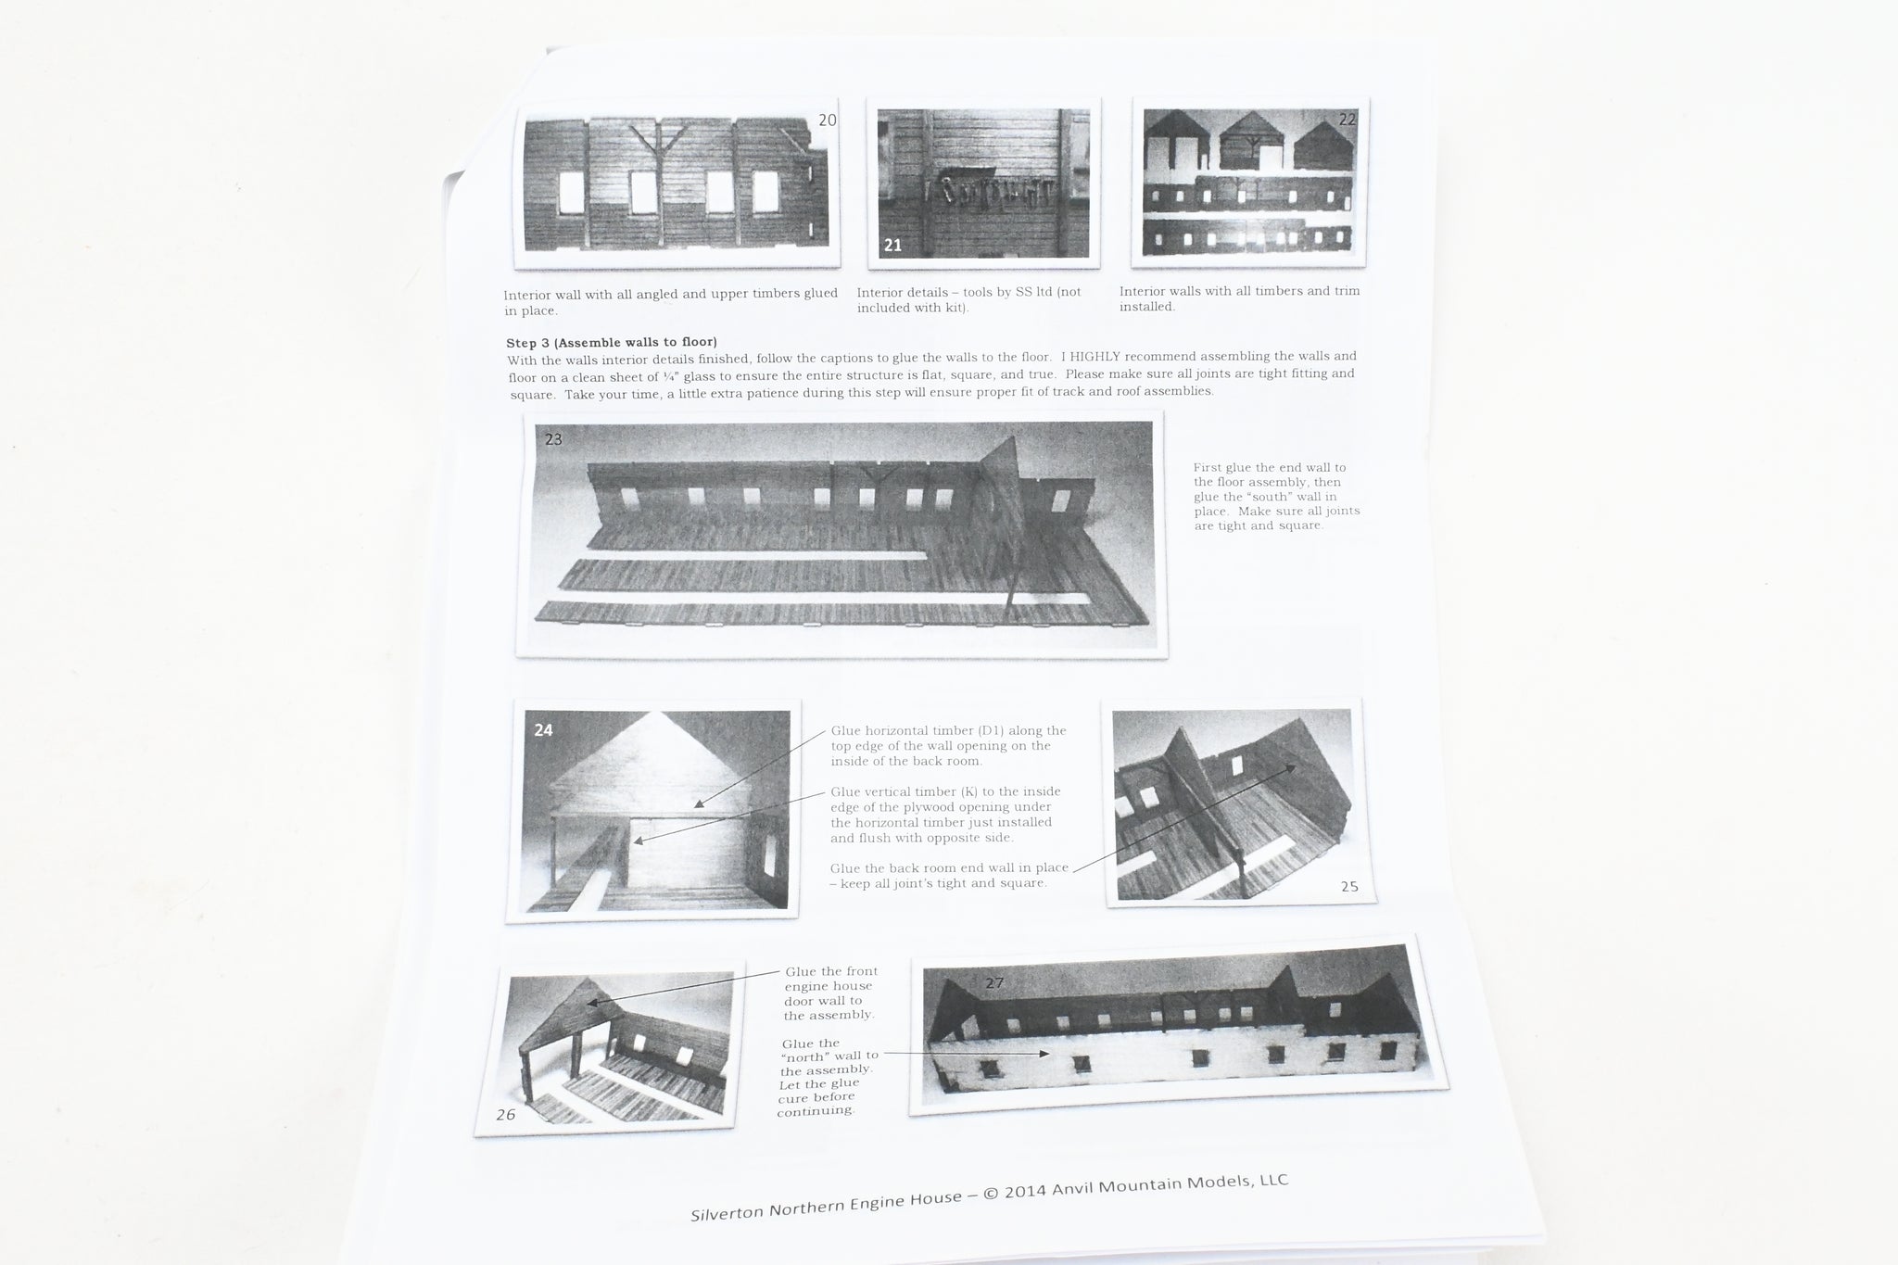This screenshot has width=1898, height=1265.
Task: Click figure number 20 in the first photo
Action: click(x=828, y=120)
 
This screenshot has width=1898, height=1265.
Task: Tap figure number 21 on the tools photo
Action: click(x=892, y=245)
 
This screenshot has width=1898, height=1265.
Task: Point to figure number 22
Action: click(x=1347, y=119)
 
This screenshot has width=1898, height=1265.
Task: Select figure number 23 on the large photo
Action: click(x=553, y=439)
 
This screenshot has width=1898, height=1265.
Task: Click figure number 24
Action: click(x=543, y=730)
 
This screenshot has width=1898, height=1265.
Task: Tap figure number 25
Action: click(x=1349, y=886)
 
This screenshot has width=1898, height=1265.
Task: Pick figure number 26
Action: click(x=505, y=1115)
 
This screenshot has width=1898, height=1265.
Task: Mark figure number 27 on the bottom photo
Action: click(x=994, y=982)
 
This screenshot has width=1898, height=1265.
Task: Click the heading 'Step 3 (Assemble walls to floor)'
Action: click(x=612, y=342)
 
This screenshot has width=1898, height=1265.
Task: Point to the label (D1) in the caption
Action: click(x=993, y=730)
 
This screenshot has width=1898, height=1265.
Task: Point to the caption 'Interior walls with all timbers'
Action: click(x=1240, y=291)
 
